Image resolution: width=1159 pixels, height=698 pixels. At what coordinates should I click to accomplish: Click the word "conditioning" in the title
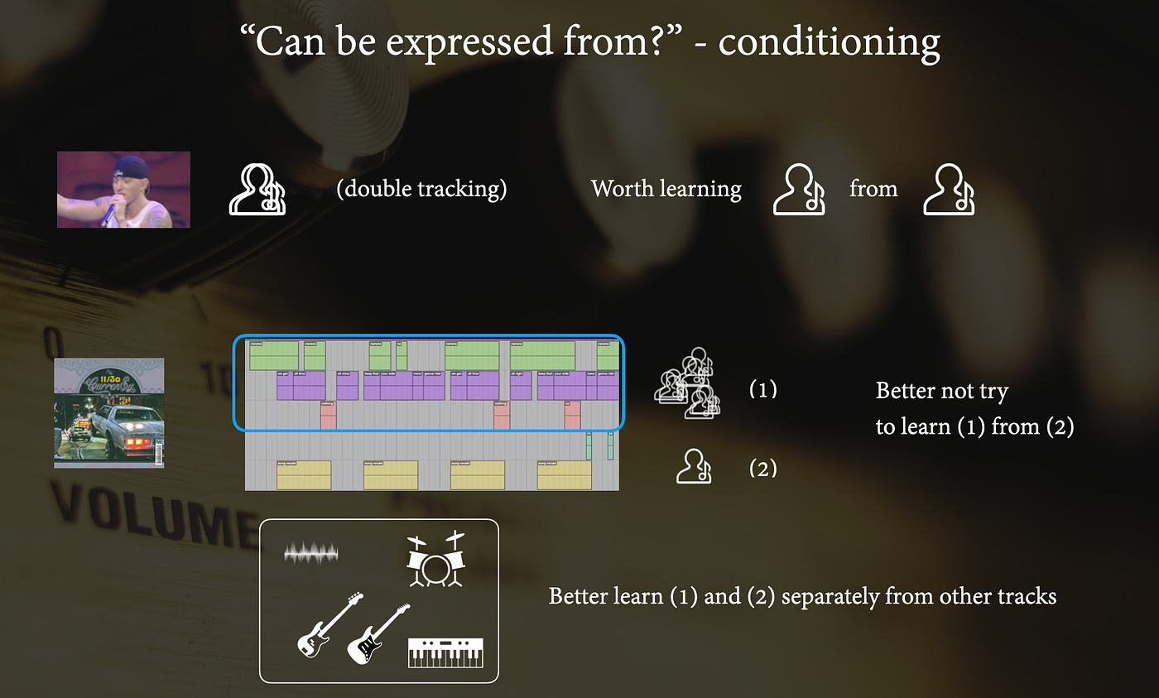(x=829, y=41)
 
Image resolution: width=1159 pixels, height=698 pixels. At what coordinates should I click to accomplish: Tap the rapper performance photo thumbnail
(x=123, y=190)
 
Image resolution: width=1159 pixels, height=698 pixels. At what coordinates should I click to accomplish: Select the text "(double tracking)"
(x=421, y=189)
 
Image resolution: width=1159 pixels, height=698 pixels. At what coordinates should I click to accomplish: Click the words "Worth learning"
(x=666, y=189)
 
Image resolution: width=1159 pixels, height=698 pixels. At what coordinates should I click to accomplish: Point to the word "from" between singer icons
(x=873, y=189)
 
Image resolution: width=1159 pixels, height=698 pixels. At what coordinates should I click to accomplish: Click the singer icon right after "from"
(x=949, y=190)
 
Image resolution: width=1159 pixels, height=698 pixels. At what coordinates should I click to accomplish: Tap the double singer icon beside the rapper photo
(x=257, y=190)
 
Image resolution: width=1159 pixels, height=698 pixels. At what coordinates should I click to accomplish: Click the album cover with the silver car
(x=108, y=412)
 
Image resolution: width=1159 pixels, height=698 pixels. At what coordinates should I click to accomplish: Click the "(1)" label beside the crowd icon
(x=762, y=389)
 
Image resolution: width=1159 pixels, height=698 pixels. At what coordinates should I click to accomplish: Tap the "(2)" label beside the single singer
(x=762, y=469)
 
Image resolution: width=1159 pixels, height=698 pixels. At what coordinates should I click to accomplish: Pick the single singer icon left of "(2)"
(x=694, y=467)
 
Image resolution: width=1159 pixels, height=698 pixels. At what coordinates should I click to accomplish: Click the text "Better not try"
(x=941, y=390)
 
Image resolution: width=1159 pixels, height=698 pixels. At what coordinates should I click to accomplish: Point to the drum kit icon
(x=435, y=561)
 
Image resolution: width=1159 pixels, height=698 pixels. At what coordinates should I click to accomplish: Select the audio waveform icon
(x=311, y=553)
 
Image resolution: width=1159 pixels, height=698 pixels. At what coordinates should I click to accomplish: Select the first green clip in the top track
(x=273, y=355)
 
